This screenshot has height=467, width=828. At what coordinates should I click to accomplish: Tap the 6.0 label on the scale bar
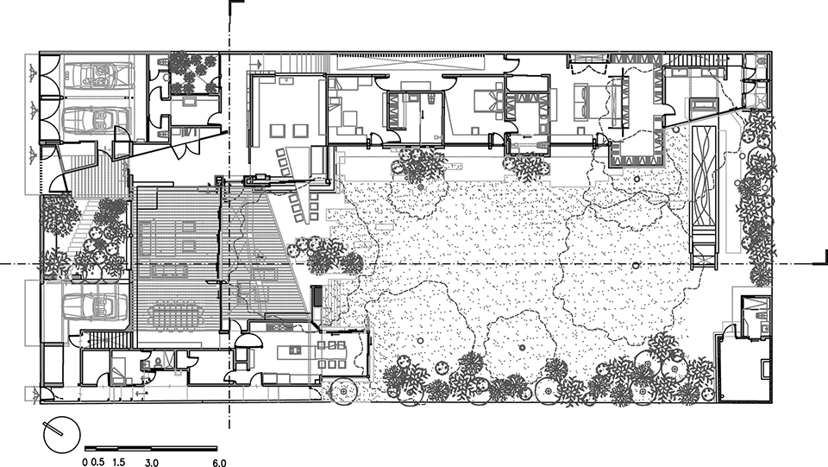(220, 463)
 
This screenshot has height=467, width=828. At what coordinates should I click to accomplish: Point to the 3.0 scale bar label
(152, 463)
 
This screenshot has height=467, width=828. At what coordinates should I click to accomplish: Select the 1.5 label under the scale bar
(119, 462)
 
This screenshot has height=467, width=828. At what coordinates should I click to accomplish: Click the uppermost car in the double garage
(98, 73)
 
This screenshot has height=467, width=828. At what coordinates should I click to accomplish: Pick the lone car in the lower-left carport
(96, 306)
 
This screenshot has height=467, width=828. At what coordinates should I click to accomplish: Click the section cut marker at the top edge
(235, 6)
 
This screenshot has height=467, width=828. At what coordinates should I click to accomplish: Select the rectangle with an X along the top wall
(411, 63)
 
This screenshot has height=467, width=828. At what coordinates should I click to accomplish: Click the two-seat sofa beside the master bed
(582, 101)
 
